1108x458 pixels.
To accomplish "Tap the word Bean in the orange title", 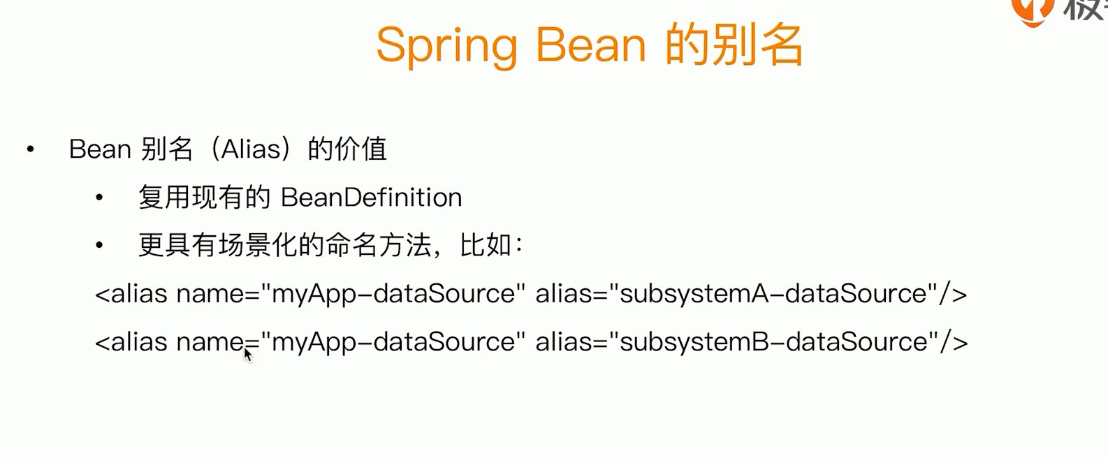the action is tap(590, 45).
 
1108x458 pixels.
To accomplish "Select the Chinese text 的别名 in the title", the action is tap(734, 45).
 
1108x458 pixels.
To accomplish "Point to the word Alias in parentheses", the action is tap(251, 149).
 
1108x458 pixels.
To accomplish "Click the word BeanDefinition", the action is tap(372, 198).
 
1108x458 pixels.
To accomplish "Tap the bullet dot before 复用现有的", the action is tap(99, 198).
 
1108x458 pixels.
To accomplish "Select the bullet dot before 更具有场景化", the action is tap(99, 245).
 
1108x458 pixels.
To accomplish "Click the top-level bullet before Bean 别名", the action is tap(31, 149).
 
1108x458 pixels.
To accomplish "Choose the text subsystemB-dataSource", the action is tap(773, 342).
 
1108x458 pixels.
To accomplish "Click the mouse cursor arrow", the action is tap(248, 355).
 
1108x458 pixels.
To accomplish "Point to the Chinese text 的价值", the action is tap(347, 149).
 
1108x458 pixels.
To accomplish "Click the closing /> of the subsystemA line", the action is tap(953, 294).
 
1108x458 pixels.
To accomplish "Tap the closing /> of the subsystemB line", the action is tap(954, 342).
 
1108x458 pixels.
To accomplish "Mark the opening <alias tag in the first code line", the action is tap(131, 294).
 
